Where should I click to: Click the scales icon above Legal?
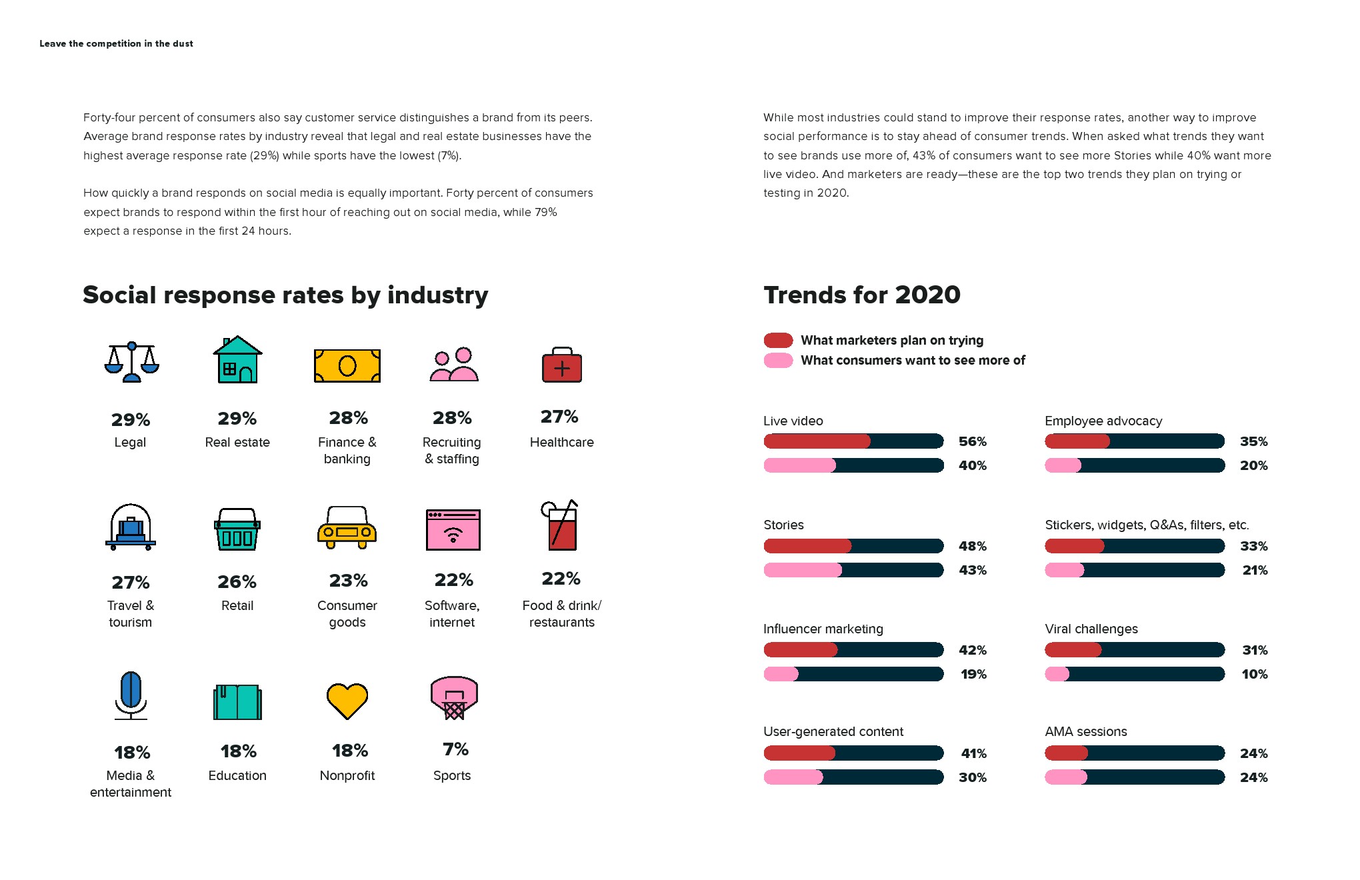coord(131,362)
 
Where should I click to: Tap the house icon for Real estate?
coord(237,360)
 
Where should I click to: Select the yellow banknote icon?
coord(347,366)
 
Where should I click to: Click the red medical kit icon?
coord(562,365)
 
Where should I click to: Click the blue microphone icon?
coord(131,695)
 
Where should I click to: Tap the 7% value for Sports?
coord(455,749)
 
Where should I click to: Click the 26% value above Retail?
coord(237,582)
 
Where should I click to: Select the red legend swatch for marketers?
coord(778,340)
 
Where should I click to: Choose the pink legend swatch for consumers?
coord(778,361)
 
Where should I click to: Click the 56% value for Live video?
coord(972,441)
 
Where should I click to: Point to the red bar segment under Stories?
coord(807,546)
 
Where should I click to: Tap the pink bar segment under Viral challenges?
coord(1057,674)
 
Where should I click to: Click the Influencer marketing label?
coord(823,629)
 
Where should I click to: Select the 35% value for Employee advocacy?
coord(1253,441)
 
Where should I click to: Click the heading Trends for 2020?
coord(861,295)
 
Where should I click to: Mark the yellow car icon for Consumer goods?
coord(347,527)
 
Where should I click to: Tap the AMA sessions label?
coord(1085,731)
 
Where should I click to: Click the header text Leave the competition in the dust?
coord(116,44)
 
